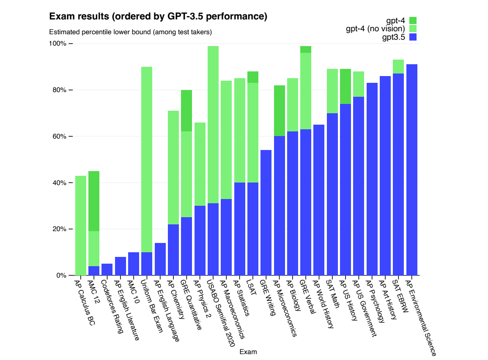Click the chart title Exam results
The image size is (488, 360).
158,16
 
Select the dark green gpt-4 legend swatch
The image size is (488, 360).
413,20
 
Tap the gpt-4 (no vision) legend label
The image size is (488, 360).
376,29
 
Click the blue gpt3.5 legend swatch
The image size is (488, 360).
413,37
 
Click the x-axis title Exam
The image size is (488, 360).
248,352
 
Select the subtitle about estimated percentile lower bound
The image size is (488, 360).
130,32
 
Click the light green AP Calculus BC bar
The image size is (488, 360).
80,224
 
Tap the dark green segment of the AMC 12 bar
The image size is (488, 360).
93,201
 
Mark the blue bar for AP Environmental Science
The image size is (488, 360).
411,169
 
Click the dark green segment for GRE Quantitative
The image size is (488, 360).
186,111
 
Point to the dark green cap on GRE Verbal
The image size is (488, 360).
306,49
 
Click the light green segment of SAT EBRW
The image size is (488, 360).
398,66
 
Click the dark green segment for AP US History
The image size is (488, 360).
345,86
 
